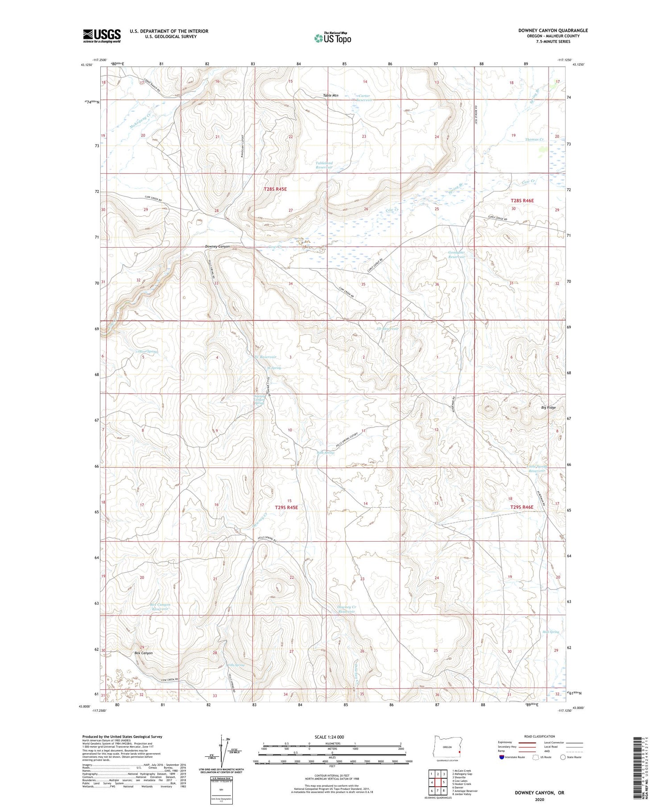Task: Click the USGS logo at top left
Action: pyautogui.click(x=102, y=35)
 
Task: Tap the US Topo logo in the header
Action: pyautogui.click(x=332, y=38)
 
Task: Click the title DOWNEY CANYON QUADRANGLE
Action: pyautogui.click(x=553, y=30)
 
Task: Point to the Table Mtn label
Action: pyautogui.click(x=330, y=95)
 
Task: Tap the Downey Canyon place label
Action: pyautogui.click(x=217, y=246)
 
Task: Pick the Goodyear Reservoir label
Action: pyautogui.click(x=456, y=255)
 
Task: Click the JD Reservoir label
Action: pyautogui.click(x=387, y=328)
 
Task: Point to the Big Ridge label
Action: pyautogui.click(x=548, y=407)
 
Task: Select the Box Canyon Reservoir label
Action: pyautogui.click(x=160, y=606)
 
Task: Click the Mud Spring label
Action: pyautogui.click(x=551, y=632)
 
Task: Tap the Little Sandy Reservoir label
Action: pyautogui.click(x=537, y=469)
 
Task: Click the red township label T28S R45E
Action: pyautogui.click(x=275, y=189)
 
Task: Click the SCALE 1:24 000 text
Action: pyautogui.click(x=329, y=737)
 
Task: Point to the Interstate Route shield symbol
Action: pyautogui.click(x=502, y=757)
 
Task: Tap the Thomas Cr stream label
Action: pyautogui.click(x=534, y=140)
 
